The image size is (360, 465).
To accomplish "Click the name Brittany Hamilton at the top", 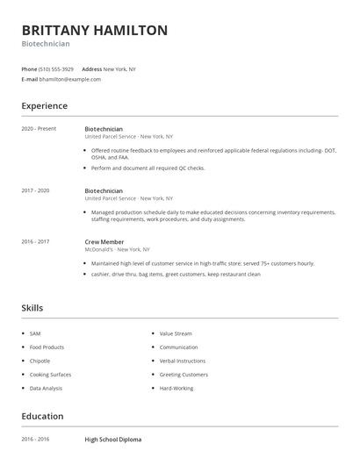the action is [95, 31].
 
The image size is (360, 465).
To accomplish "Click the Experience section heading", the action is [44, 106].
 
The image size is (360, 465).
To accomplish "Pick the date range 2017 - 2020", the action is [35, 190].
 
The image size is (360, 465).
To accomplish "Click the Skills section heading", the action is [32, 308].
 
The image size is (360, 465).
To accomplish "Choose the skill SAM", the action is [35, 334].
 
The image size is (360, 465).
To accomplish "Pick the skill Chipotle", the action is [40, 361].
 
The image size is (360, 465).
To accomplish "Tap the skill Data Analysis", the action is [45, 387].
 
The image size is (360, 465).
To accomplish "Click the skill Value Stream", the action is [176, 334].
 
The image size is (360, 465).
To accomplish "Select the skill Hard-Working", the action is [177, 387].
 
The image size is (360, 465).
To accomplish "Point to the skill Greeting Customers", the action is [184, 374].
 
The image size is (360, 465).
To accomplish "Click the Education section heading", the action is [42, 417].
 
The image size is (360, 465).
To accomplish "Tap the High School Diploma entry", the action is [112, 439].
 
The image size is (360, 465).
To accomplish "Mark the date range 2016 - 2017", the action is [35, 241].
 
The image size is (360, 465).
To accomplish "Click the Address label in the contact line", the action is [91, 68].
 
